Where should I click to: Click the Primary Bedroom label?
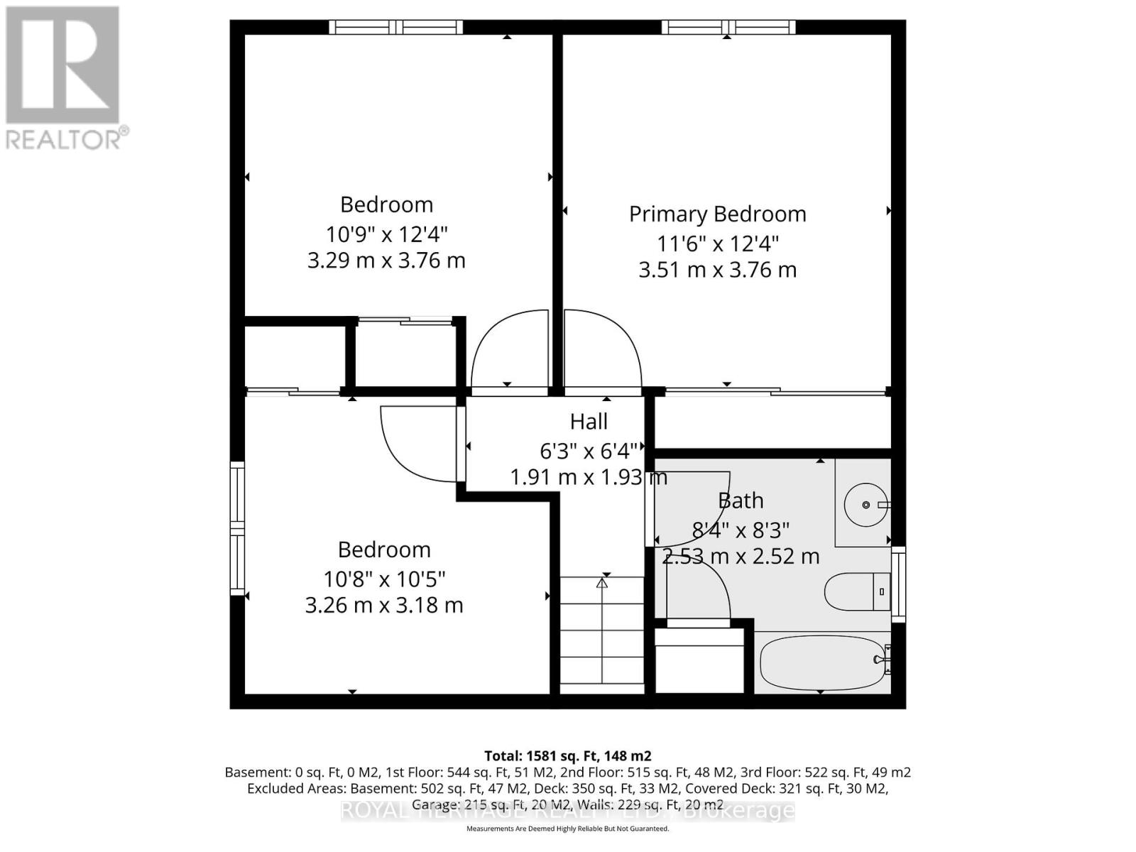tap(717, 214)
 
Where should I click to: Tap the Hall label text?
tap(589, 422)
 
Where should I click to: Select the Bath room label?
tap(741, 501)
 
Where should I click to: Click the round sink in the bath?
tap(865, 504)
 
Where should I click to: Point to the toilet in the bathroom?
tap(856, 591)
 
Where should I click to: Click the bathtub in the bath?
tap(820, 662)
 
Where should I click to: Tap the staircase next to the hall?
tap(602, 632)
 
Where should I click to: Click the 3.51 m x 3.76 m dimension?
tap(717, 270)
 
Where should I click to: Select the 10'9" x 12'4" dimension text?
tap(386, 234)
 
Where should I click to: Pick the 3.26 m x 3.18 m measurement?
tap(384, 606)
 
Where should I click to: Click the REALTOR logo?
tap(64, 78)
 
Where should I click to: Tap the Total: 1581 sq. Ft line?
tap(567, 756)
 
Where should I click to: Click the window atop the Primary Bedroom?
tap(728, 27)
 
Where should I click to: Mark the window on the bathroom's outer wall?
tap(899, 584)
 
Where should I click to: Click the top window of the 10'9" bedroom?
tap(395, 27)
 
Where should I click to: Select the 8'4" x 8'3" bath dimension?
tap(741, 530)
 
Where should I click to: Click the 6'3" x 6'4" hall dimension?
tap(589, 451)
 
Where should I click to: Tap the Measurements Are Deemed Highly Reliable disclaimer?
tap(567, 829)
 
